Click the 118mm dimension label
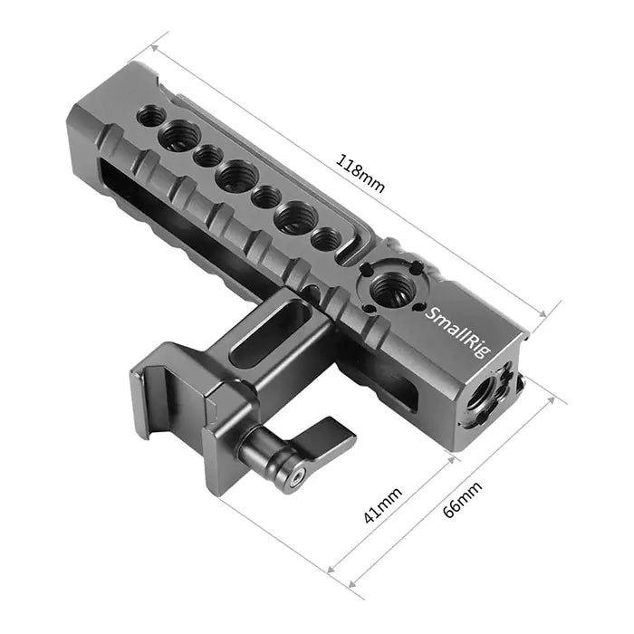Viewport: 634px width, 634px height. [x=360, y=175]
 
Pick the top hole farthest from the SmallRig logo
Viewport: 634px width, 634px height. [x=151, y=116]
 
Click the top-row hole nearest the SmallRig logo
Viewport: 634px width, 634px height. [x=326, y=239]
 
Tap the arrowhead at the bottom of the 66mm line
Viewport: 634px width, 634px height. [x=351, y=583]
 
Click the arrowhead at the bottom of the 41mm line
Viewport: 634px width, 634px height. [x=330, y=571]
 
